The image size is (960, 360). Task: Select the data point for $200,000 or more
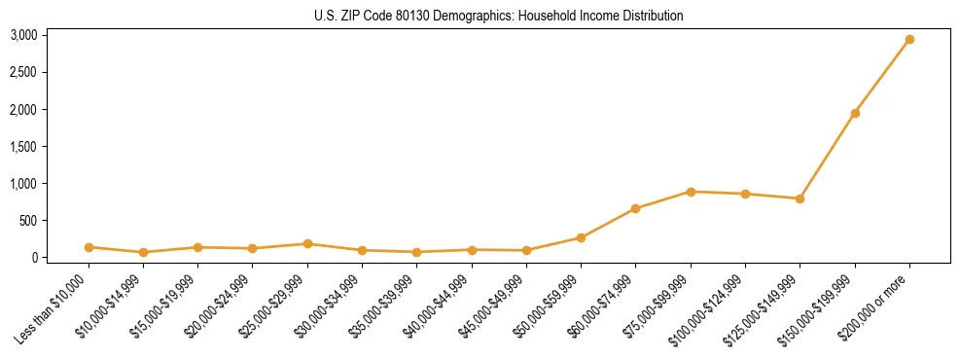click(x=909, y=40)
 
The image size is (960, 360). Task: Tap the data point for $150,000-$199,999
click(x=855, y=114)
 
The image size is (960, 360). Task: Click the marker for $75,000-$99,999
click(x=691, y=192)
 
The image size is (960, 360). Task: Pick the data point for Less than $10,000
click(x=89, y=247)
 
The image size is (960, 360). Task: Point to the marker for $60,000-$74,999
click(x=635, y=208)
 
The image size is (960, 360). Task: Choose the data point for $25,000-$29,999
click(x=307, y=244)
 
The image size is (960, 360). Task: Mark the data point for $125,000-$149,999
click(x=800, y=198)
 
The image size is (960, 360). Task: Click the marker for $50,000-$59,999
click(x=581, y=237)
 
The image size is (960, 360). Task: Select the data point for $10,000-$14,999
click(x=143, y=252)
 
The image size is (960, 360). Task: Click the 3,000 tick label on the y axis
click(x=23, y=35)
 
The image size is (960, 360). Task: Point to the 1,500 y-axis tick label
click(x=23, y=146)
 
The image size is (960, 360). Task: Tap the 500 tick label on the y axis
click(x=28, y=221)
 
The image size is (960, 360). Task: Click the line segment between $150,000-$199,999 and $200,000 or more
click(x=882, y=77)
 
